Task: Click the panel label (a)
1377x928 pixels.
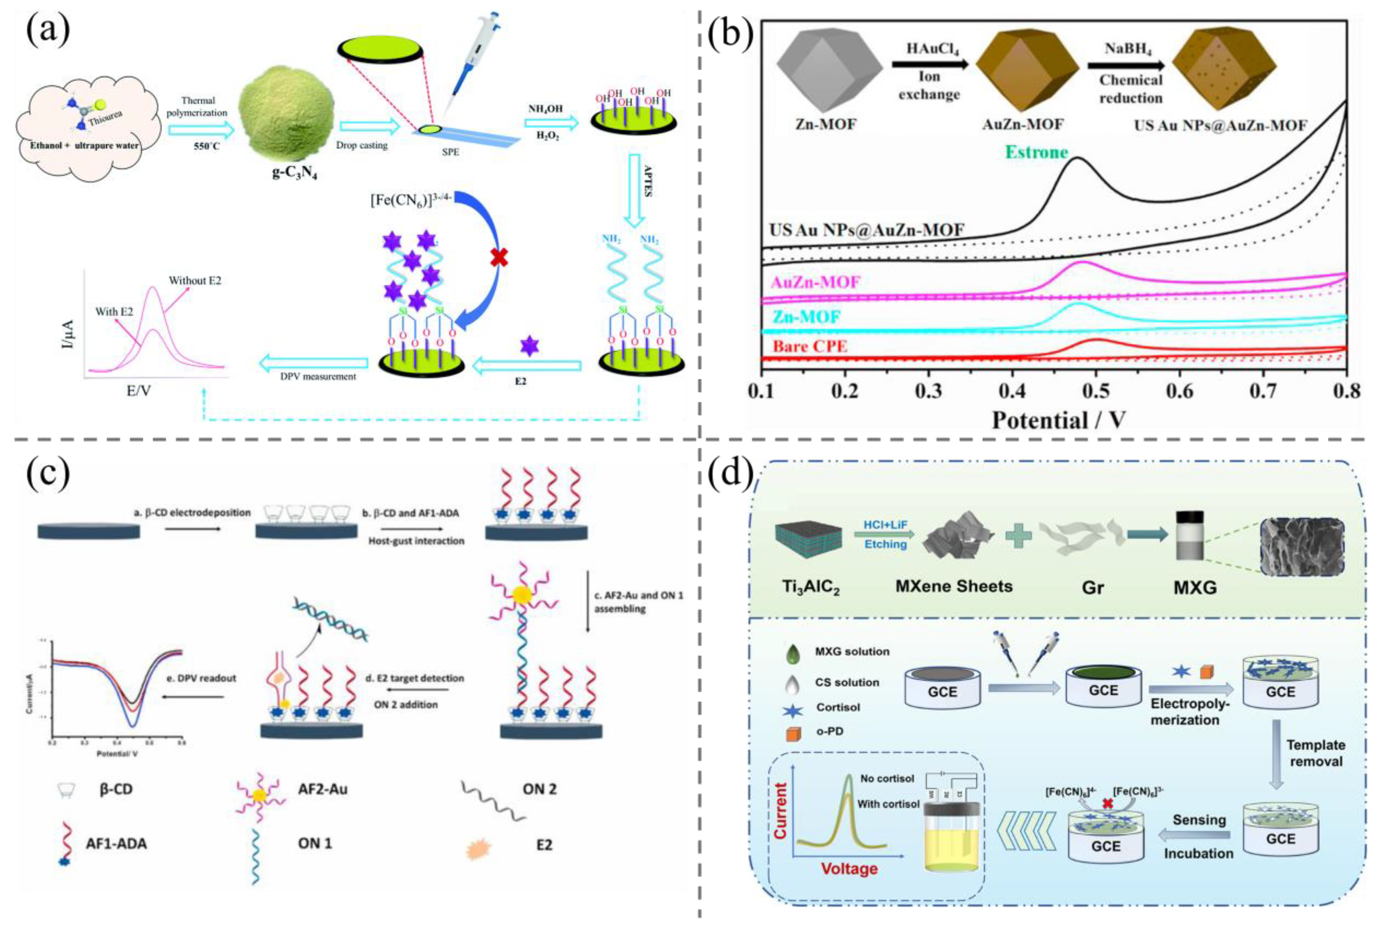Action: pyautogui.click(x=47, y=29)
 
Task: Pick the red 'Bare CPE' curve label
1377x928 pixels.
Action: pyautogui.click(x=810, y=346)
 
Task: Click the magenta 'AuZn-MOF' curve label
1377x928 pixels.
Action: pyautogui.click(x=816, y=282)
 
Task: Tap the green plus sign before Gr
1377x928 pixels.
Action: pyautogui.click(x=1018, y=536)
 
